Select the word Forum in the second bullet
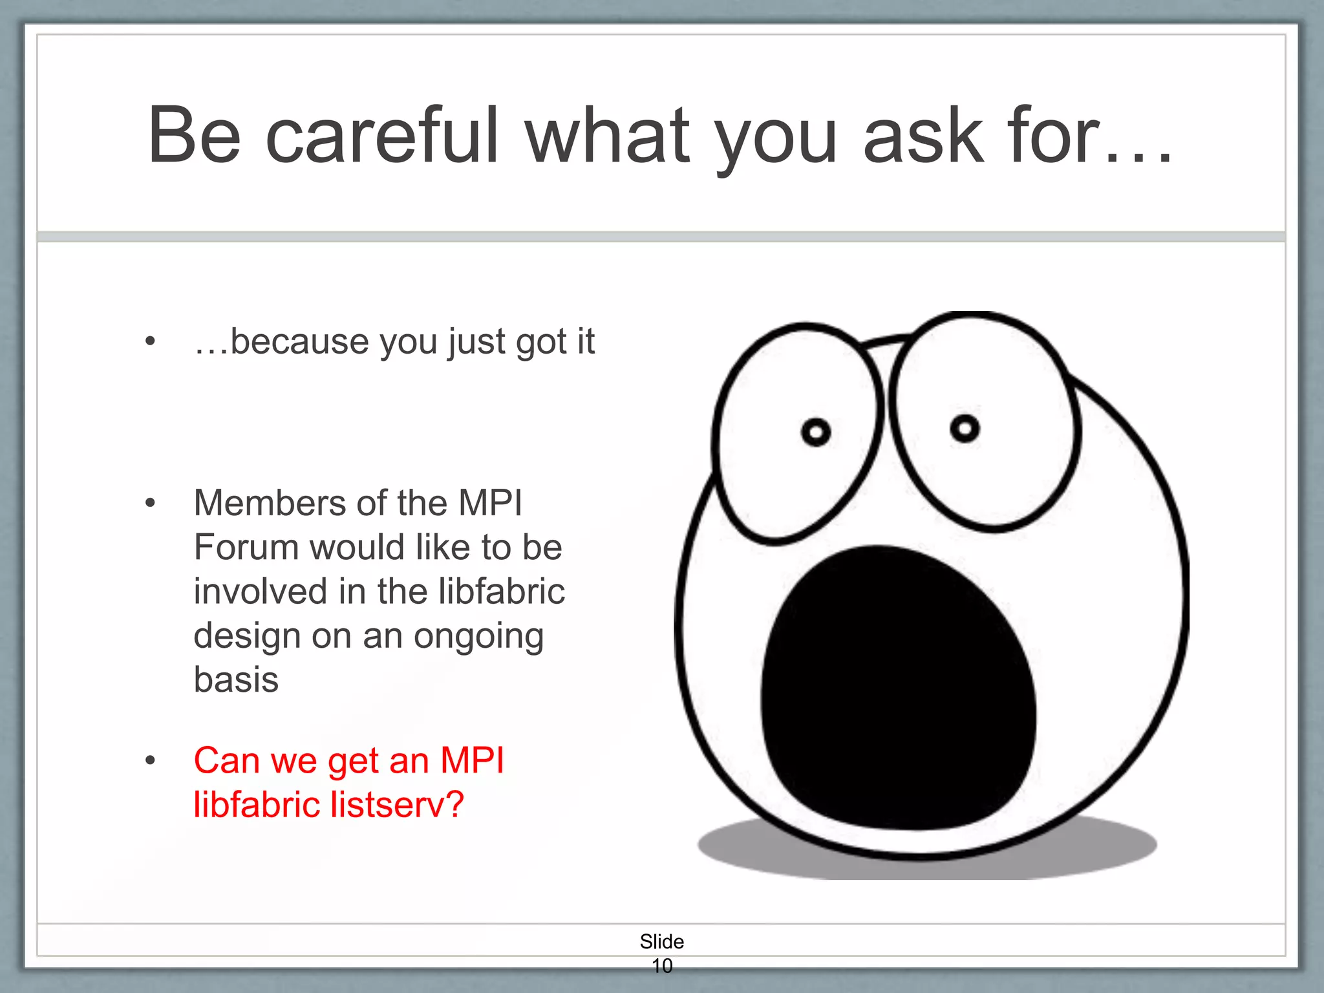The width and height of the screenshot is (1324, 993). click(x=245, y=548)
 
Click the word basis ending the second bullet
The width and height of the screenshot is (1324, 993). click(x=236, y=680)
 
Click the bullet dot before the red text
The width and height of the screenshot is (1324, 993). click(x=150, y=761)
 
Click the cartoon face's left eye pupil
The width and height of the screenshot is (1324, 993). click(x=815, y=432)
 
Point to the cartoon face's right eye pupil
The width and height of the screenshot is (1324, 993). click(x=965, y=428)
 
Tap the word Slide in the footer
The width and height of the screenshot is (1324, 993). click(x=661, y=941)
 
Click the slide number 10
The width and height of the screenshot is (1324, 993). click(x=661, y=966)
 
